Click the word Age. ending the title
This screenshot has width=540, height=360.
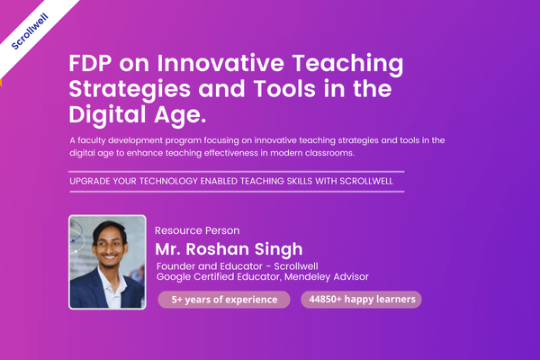tap(180, 115)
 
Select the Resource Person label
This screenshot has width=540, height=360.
tap(197, 230)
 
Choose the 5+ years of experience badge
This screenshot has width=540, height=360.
tap(225, 299)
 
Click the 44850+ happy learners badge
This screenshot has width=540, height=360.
tap(361, 299)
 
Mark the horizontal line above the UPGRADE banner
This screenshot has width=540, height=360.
tap(237, 171)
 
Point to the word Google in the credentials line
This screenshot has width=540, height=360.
tap(175, 277)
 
